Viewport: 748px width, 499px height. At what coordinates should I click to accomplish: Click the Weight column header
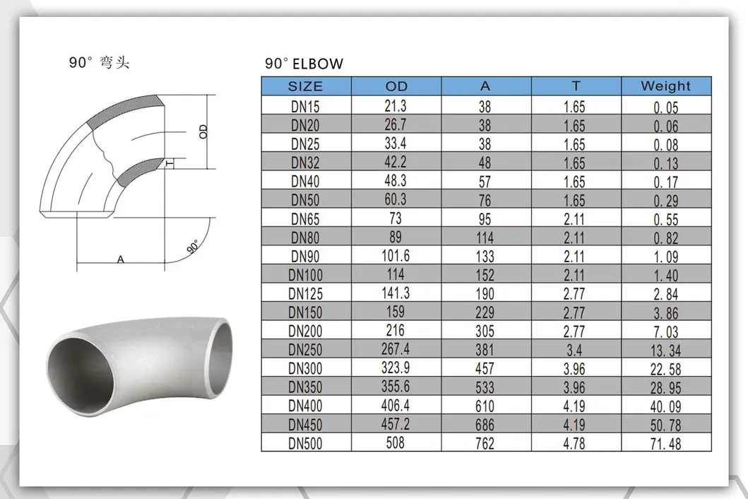665,86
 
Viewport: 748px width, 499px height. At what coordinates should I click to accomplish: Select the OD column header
396,86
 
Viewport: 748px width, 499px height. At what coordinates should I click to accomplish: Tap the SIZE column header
305,86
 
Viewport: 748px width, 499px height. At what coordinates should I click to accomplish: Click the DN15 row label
305,107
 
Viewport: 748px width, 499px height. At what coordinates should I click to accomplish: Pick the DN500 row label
305,443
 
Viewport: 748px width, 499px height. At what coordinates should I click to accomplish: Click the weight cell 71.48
665,444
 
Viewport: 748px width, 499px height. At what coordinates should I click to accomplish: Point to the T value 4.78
575,443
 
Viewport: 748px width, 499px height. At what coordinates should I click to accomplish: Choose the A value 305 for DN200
485,331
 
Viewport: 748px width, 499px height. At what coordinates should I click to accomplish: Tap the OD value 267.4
396,349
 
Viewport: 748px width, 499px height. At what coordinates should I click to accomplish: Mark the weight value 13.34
665,350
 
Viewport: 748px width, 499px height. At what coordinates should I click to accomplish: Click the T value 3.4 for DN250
575,349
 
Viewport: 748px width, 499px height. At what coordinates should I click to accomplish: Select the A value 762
485,444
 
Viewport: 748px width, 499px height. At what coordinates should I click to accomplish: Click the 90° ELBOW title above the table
304,64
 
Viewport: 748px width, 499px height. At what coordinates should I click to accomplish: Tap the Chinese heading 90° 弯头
99,63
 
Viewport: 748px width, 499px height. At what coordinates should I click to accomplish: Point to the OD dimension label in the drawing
203,131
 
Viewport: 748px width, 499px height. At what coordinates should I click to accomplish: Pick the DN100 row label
305,274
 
